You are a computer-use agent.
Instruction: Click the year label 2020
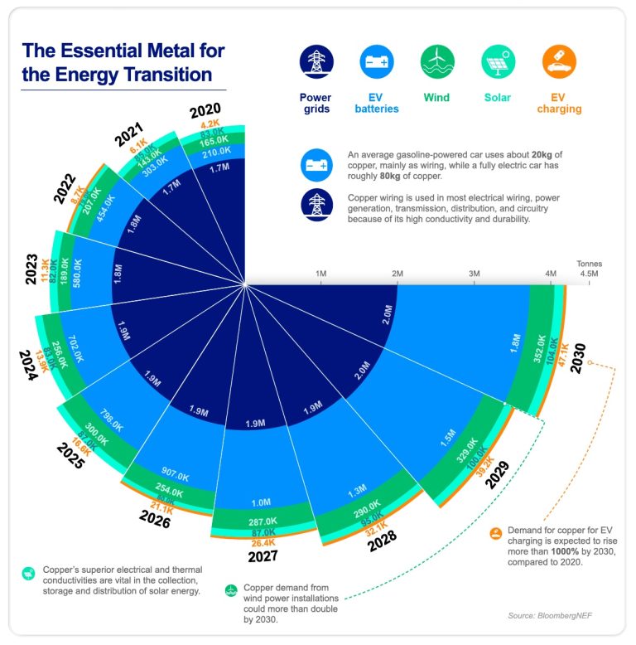pos(205,111)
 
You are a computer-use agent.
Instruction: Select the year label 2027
pos(262,555)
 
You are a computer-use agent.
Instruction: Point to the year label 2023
pos(31,269)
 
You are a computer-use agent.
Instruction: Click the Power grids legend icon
pos(316,61)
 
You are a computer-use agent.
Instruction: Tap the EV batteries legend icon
pos(377,61)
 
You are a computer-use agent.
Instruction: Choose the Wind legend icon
pos(436,61)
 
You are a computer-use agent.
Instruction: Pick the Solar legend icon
pos(499,61)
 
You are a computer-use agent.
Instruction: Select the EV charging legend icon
pos(559,61)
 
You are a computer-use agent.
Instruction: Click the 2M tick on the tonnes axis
pos(397,274)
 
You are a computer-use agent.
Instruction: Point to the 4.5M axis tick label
pos(589,274)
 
